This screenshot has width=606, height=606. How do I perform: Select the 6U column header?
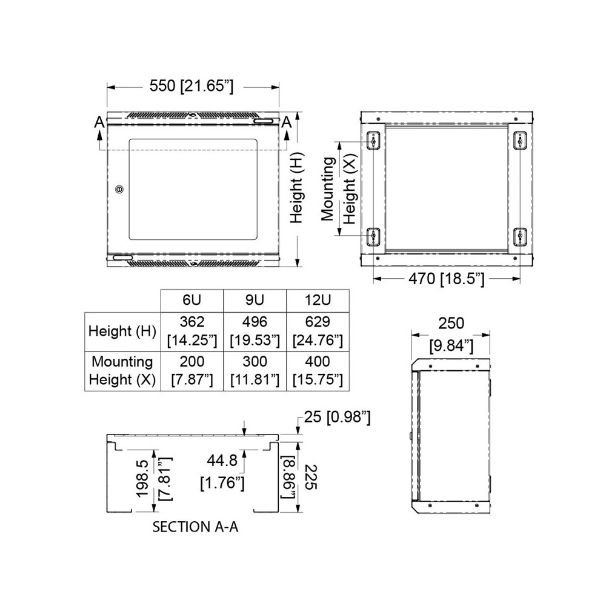point(191,300)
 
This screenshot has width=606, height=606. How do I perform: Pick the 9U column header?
point(255,300)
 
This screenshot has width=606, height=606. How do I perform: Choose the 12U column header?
point(318,300)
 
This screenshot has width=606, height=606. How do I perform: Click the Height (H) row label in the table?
point(122,331)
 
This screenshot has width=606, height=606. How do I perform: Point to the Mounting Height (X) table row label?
point(122,371)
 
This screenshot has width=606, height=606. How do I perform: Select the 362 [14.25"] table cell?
point(192,331)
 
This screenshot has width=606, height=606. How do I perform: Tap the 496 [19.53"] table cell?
point(255,331)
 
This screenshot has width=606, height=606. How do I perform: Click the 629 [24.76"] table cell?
point(318,331)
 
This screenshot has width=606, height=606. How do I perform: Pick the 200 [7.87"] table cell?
point(192,371)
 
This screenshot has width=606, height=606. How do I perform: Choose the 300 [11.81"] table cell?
point(255,371)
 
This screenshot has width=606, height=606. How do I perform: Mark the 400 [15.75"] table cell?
point(318,371)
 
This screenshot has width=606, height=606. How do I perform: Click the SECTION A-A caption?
point(195,527)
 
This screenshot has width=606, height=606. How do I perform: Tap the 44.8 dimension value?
point(222,462)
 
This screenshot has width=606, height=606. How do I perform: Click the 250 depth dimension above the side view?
point(451,323)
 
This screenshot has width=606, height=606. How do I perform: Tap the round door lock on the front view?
point(119,189)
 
